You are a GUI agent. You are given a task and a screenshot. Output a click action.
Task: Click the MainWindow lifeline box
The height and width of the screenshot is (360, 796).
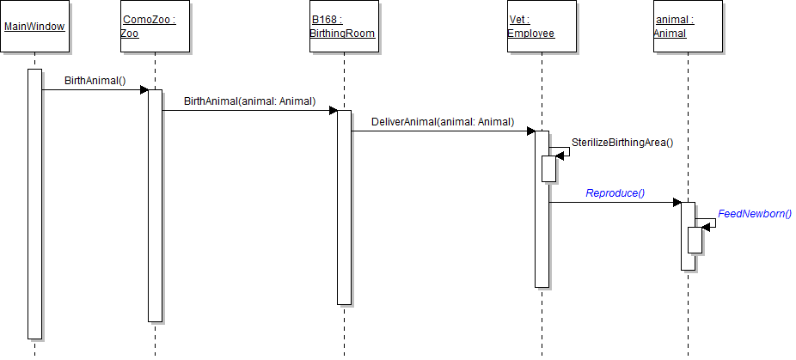tap(34, 26)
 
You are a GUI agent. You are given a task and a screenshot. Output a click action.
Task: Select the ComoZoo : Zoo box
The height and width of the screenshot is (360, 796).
tap(155, 26)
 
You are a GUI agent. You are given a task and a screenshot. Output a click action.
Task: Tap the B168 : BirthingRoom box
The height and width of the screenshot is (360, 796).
tap(343, 26)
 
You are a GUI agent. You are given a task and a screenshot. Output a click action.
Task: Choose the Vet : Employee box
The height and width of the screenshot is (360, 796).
tap(541, 26)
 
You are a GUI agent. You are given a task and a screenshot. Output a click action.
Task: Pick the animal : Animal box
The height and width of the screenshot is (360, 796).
tap(687, 26)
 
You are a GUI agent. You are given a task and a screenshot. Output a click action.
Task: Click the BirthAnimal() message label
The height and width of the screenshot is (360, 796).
tap(95, 81)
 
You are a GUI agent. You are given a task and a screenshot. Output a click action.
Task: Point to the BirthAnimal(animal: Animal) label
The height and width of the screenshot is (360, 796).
tap(249, 101)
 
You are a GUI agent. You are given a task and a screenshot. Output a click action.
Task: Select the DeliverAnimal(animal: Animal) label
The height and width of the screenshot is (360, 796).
tap(443, 122)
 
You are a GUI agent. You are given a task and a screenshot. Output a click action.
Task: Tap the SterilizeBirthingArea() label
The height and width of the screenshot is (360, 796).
tap(622, 143)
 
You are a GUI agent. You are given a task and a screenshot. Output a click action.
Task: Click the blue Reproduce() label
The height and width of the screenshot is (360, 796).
tap(615, 193)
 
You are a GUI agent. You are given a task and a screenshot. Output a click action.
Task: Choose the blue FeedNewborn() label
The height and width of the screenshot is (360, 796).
tap(754, 214)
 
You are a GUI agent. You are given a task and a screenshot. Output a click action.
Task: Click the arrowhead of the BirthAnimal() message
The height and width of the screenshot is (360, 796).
tap(144, 89)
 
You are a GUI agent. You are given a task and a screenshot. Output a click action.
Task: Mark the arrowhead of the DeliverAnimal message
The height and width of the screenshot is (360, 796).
tap(530, 131)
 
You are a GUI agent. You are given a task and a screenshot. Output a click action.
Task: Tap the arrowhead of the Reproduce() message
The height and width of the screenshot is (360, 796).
tap(677, 203)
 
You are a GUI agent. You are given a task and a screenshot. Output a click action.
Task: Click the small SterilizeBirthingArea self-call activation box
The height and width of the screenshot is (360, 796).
tap(548, 168)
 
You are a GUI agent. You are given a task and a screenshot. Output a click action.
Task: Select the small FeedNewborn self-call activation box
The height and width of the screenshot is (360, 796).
tap(695, 240)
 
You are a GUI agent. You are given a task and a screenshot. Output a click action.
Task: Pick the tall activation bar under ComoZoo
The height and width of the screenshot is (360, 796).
tap(155, 205)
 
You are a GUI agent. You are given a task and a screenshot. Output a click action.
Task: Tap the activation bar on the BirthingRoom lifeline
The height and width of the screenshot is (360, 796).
tap(343, 207)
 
